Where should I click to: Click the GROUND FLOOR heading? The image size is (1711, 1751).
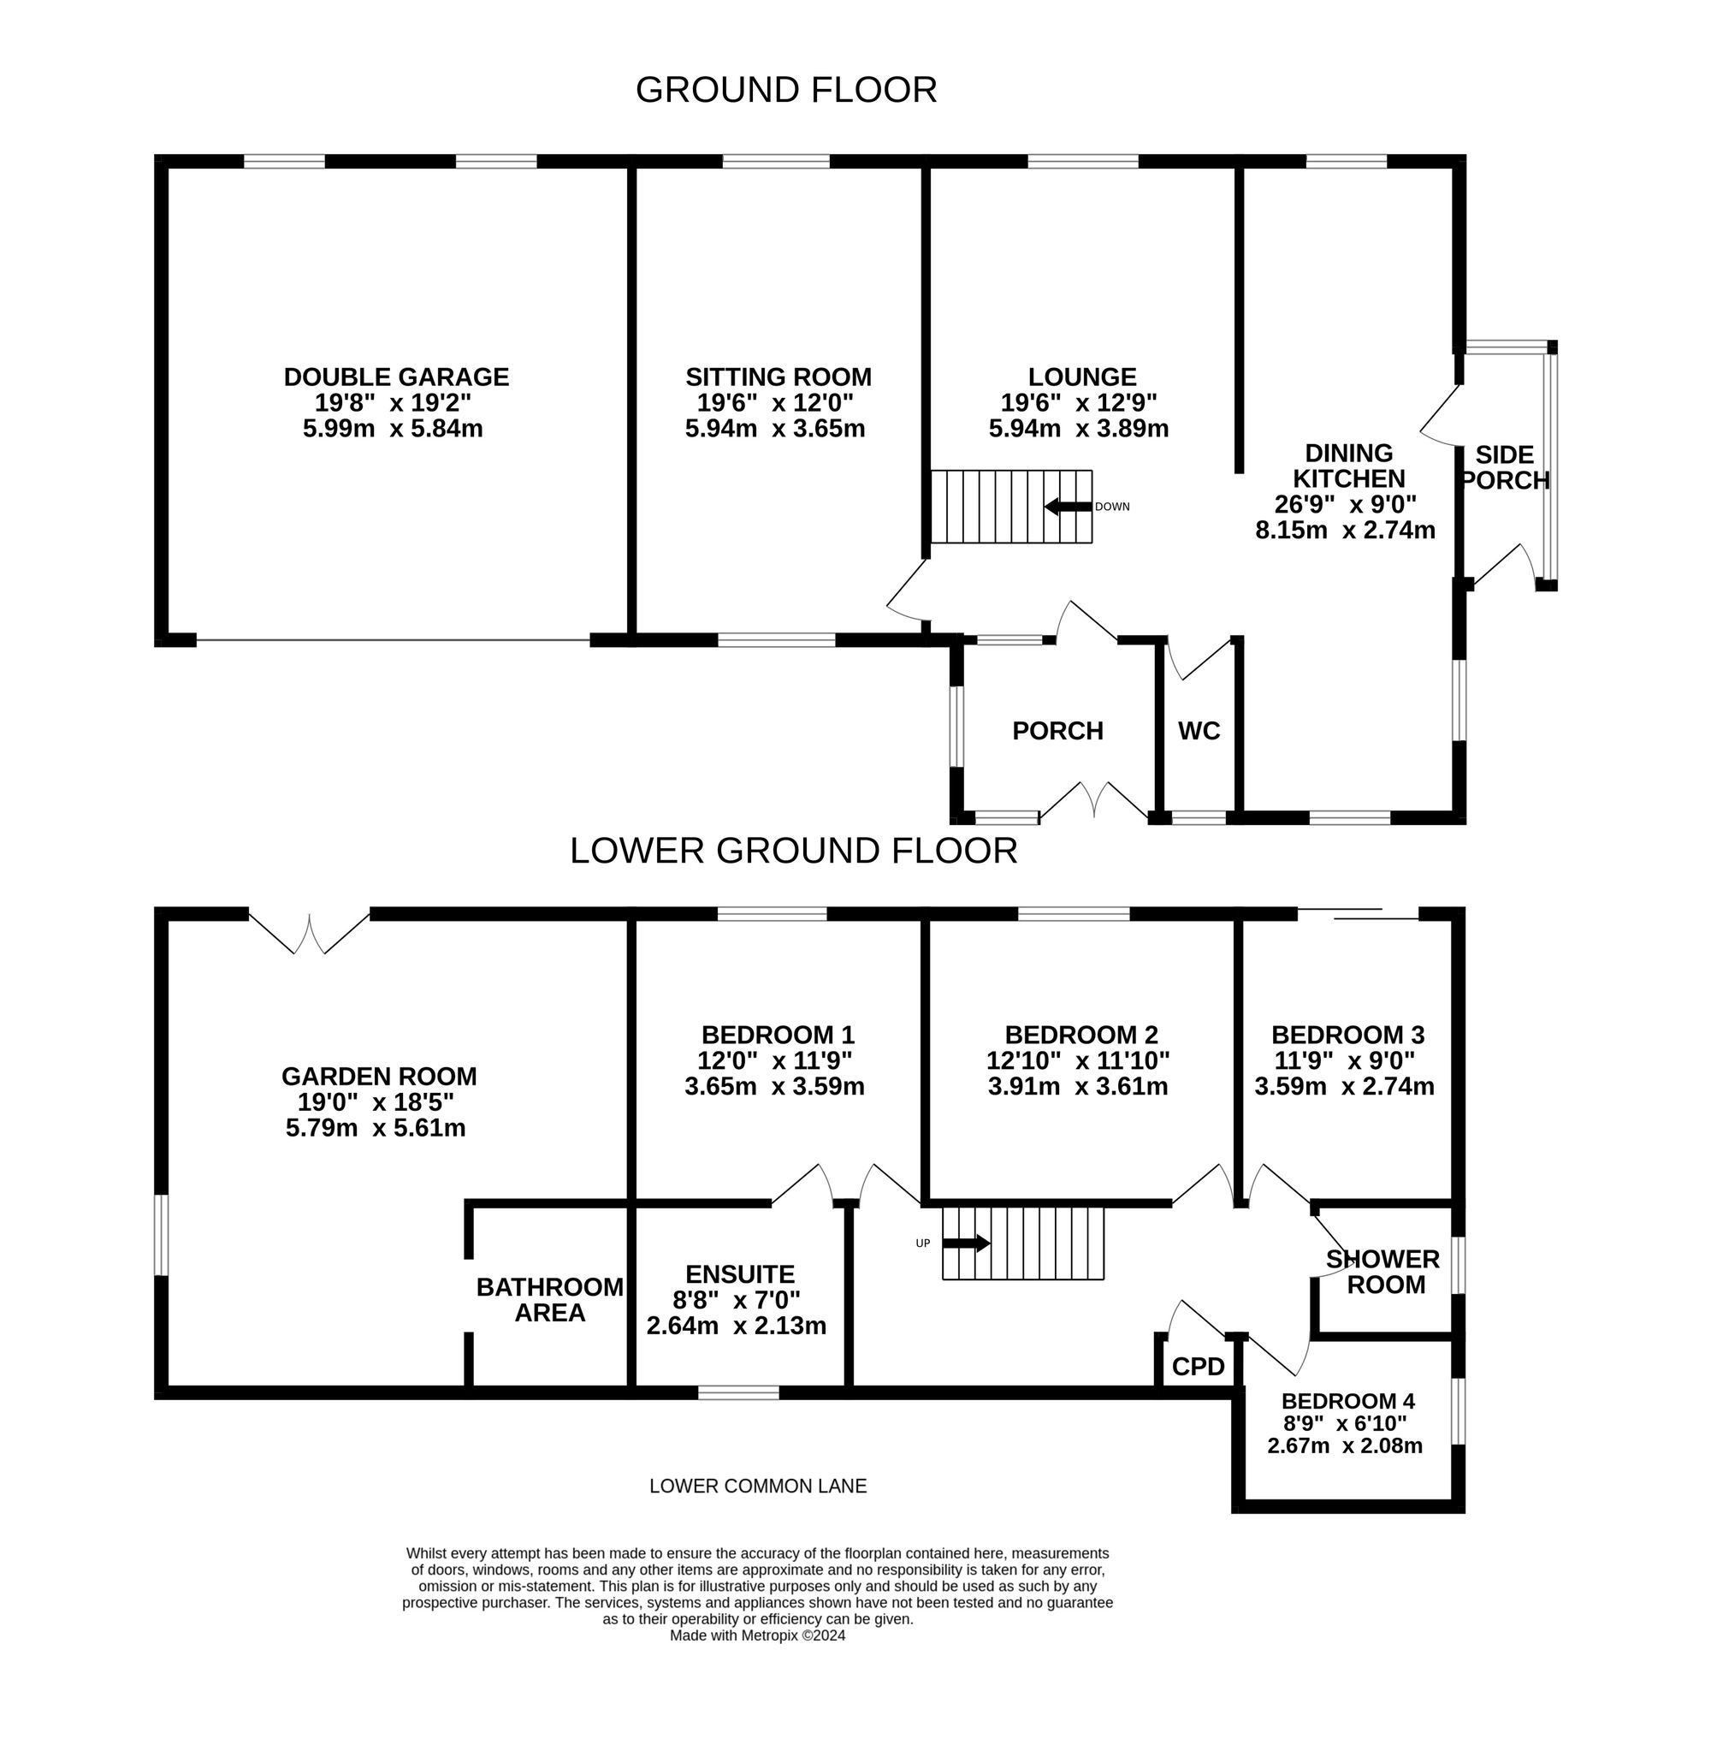786,90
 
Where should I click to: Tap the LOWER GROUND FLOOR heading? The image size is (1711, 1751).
794,851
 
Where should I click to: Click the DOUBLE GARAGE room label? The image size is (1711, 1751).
396,377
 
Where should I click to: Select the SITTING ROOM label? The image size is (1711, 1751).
779,377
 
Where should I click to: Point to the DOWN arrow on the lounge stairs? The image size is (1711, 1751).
1068,507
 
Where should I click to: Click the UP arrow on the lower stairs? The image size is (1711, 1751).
966,1244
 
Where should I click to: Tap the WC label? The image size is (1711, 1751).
1199,731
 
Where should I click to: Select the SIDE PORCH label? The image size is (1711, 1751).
1504,467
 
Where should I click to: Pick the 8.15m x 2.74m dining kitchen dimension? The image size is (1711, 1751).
1345,531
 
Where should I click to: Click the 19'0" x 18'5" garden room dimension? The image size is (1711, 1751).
375,1102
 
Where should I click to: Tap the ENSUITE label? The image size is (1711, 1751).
739,1274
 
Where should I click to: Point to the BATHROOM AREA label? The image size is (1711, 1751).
550,1300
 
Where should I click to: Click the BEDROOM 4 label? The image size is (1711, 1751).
1348,1400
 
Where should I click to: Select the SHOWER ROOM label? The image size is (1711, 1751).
1384,1272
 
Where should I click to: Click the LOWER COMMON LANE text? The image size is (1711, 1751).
758,1486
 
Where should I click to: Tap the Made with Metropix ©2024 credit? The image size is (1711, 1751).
758,1635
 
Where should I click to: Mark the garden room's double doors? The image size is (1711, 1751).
309,933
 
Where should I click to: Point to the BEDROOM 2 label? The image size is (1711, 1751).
1081,1035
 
